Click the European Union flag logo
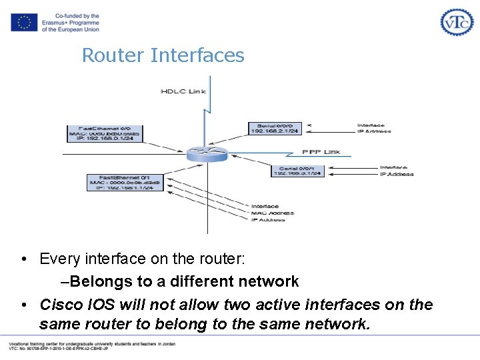[24, 22]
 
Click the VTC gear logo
[457, 22]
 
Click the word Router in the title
[113, 55]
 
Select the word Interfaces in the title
[197, 55]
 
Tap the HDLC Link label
[183, 91]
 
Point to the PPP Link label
[321, 152]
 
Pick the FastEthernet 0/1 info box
[125, 182]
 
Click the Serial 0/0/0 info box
[275, 128]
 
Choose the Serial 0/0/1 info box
[297, 171]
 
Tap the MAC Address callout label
[271, 213]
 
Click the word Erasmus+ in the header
[59, 23]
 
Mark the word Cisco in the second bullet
[59, 305]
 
